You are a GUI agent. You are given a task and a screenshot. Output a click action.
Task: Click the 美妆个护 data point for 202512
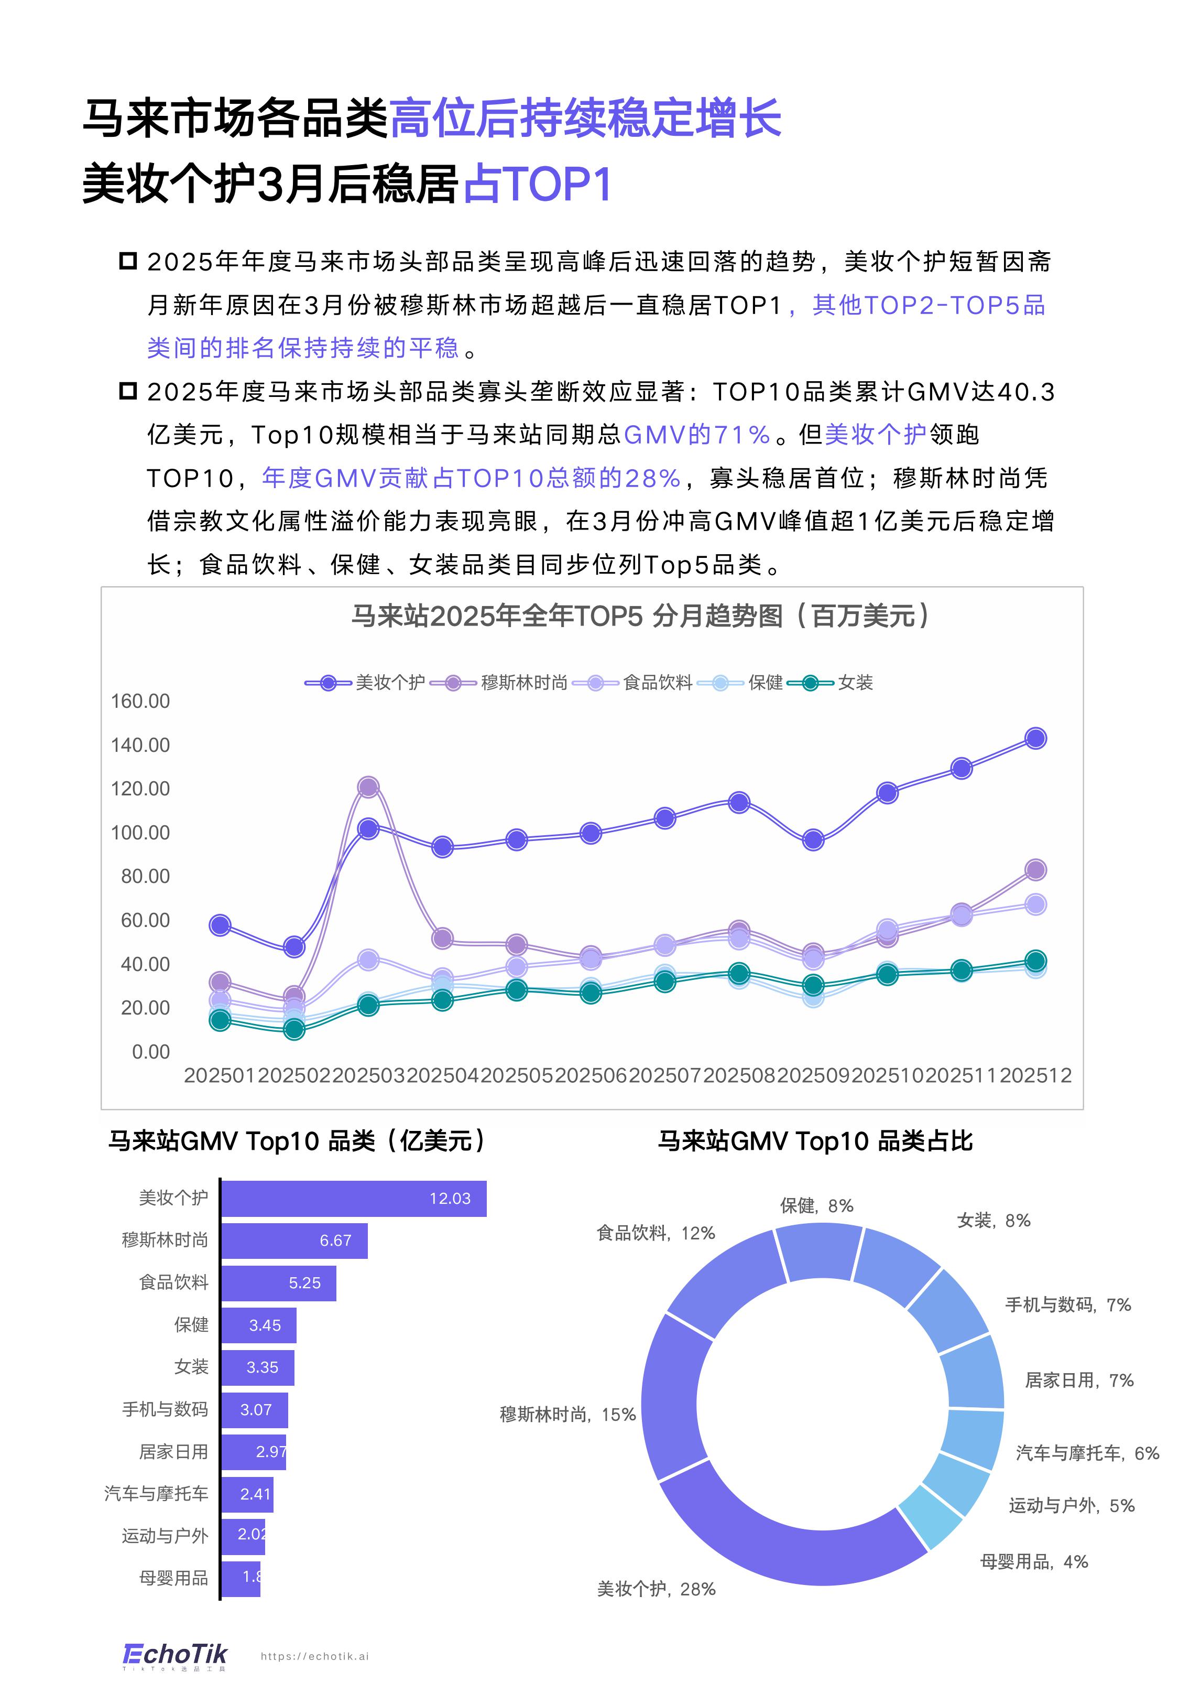point(1036,738)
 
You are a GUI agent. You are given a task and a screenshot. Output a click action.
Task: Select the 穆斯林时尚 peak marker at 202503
point(368,787)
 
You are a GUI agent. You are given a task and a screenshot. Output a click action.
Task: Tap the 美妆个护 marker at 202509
point(813,840)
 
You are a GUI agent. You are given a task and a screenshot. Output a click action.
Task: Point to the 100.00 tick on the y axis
point(140,833)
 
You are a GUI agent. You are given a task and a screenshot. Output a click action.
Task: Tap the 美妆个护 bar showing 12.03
point(353,1199)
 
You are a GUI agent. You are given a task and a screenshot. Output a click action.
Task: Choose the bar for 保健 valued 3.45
point(258,1325)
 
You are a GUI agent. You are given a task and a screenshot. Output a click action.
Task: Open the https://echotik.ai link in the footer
point(315,1657)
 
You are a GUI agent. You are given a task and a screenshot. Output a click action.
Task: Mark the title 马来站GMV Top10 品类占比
point(815,1141)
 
